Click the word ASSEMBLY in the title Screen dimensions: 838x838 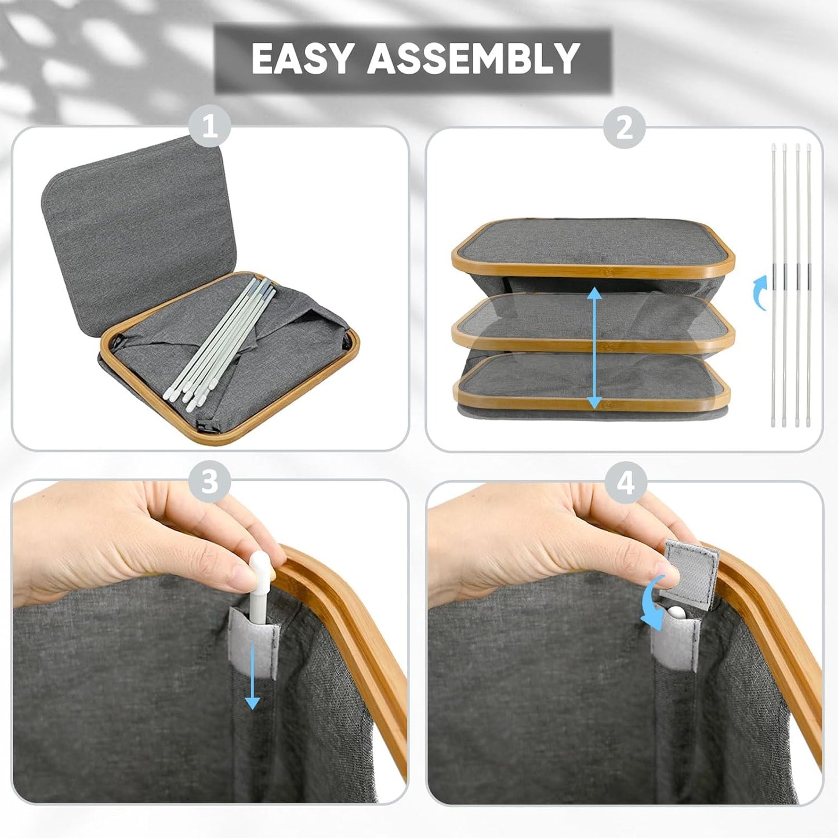pos(473,58)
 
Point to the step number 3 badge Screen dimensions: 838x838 pos(210,481)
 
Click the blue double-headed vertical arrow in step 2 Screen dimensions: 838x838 pos(595,349)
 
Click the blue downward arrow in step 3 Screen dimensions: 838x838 pos(252,681)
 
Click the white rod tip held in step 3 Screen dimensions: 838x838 pos(259,563)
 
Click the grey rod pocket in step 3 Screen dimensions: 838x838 pos(254,637)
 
